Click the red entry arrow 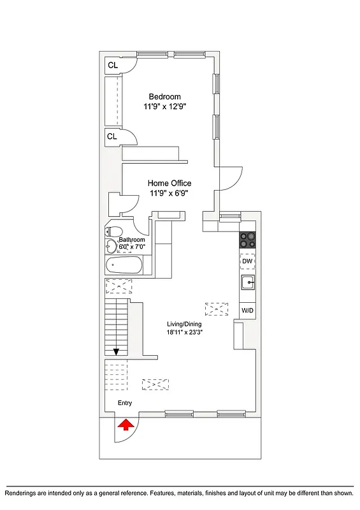(126, 423)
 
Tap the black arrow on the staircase (117, 351)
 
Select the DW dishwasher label (247, 261)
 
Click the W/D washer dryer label (247, 310)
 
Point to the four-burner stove (247, 240)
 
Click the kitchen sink (247, 282)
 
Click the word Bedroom (164, 96)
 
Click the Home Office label (169, 184)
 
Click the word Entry (125, 404)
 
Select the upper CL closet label (112, 65)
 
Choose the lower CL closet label (112, 136)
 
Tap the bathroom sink (112, 246)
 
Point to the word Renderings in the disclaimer (23, 493)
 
